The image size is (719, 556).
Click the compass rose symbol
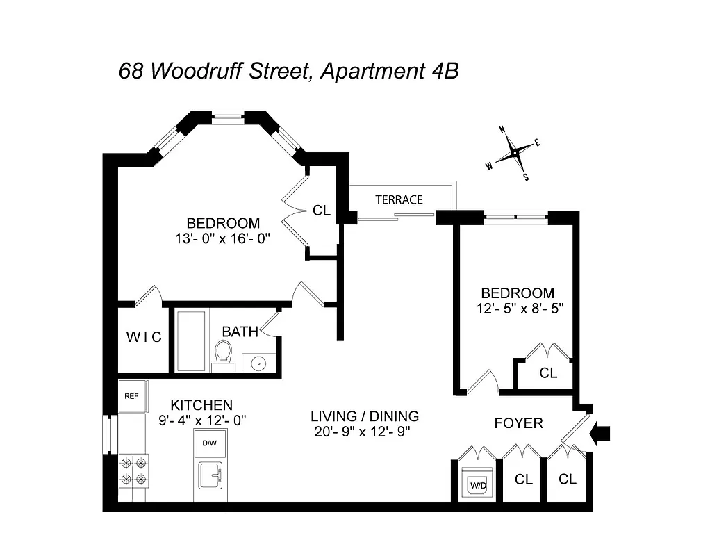pos(513,153)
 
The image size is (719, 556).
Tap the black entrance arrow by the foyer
pos(600,434)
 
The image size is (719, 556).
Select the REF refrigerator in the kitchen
pos(131,396)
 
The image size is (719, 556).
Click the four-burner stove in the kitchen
pos(134,469)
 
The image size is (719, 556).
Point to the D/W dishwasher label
pos(209,443)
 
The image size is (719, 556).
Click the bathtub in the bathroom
pos(192,341)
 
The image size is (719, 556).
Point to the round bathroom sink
pos(258,362)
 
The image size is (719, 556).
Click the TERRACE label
pos(399,200)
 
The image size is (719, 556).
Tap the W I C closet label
pos(144,338)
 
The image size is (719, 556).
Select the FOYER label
pos(518,423)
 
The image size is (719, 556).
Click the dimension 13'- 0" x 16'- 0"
pos(222,238)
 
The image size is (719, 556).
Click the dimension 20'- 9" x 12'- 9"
pos(362,432)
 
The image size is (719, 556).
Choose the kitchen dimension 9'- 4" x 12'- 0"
pos(201,420)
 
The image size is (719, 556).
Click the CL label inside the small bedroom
pos(548,373)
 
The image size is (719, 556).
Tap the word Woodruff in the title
pos(203,72)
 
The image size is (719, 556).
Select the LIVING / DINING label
pos(364,416)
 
